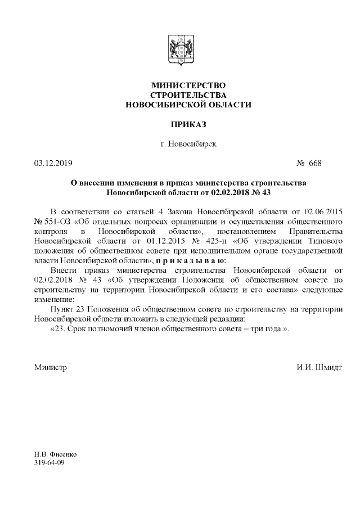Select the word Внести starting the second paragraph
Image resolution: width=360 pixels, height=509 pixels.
(62, 271)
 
